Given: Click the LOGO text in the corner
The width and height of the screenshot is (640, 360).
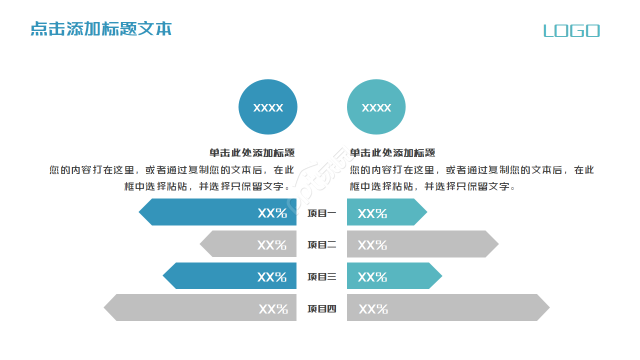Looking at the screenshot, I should [x=571, y=31].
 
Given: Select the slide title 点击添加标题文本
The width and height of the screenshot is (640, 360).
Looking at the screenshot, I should [x=101, y=28].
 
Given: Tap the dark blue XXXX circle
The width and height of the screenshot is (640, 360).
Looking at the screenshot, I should [x=268, y=107].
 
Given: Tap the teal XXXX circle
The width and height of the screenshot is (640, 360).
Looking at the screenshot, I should [x=376, y=107].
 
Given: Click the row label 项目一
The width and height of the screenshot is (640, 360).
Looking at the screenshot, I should [x=321, y=213].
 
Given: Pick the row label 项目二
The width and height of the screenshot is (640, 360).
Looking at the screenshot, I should [x=321, y=245].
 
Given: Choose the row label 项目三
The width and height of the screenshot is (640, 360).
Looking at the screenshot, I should [x=321, y=277].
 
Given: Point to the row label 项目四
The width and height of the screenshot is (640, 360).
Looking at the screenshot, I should [x=321, y=309].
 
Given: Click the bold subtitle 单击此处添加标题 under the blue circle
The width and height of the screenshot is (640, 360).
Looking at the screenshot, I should [x=252, y=153].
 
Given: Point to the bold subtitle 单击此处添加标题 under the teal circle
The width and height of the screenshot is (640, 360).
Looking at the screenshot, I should [x=392, y=153].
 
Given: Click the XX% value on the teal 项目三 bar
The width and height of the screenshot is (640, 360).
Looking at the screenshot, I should [x=372, y=277].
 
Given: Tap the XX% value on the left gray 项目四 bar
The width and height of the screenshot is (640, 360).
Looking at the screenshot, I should [x=273, y=309].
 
